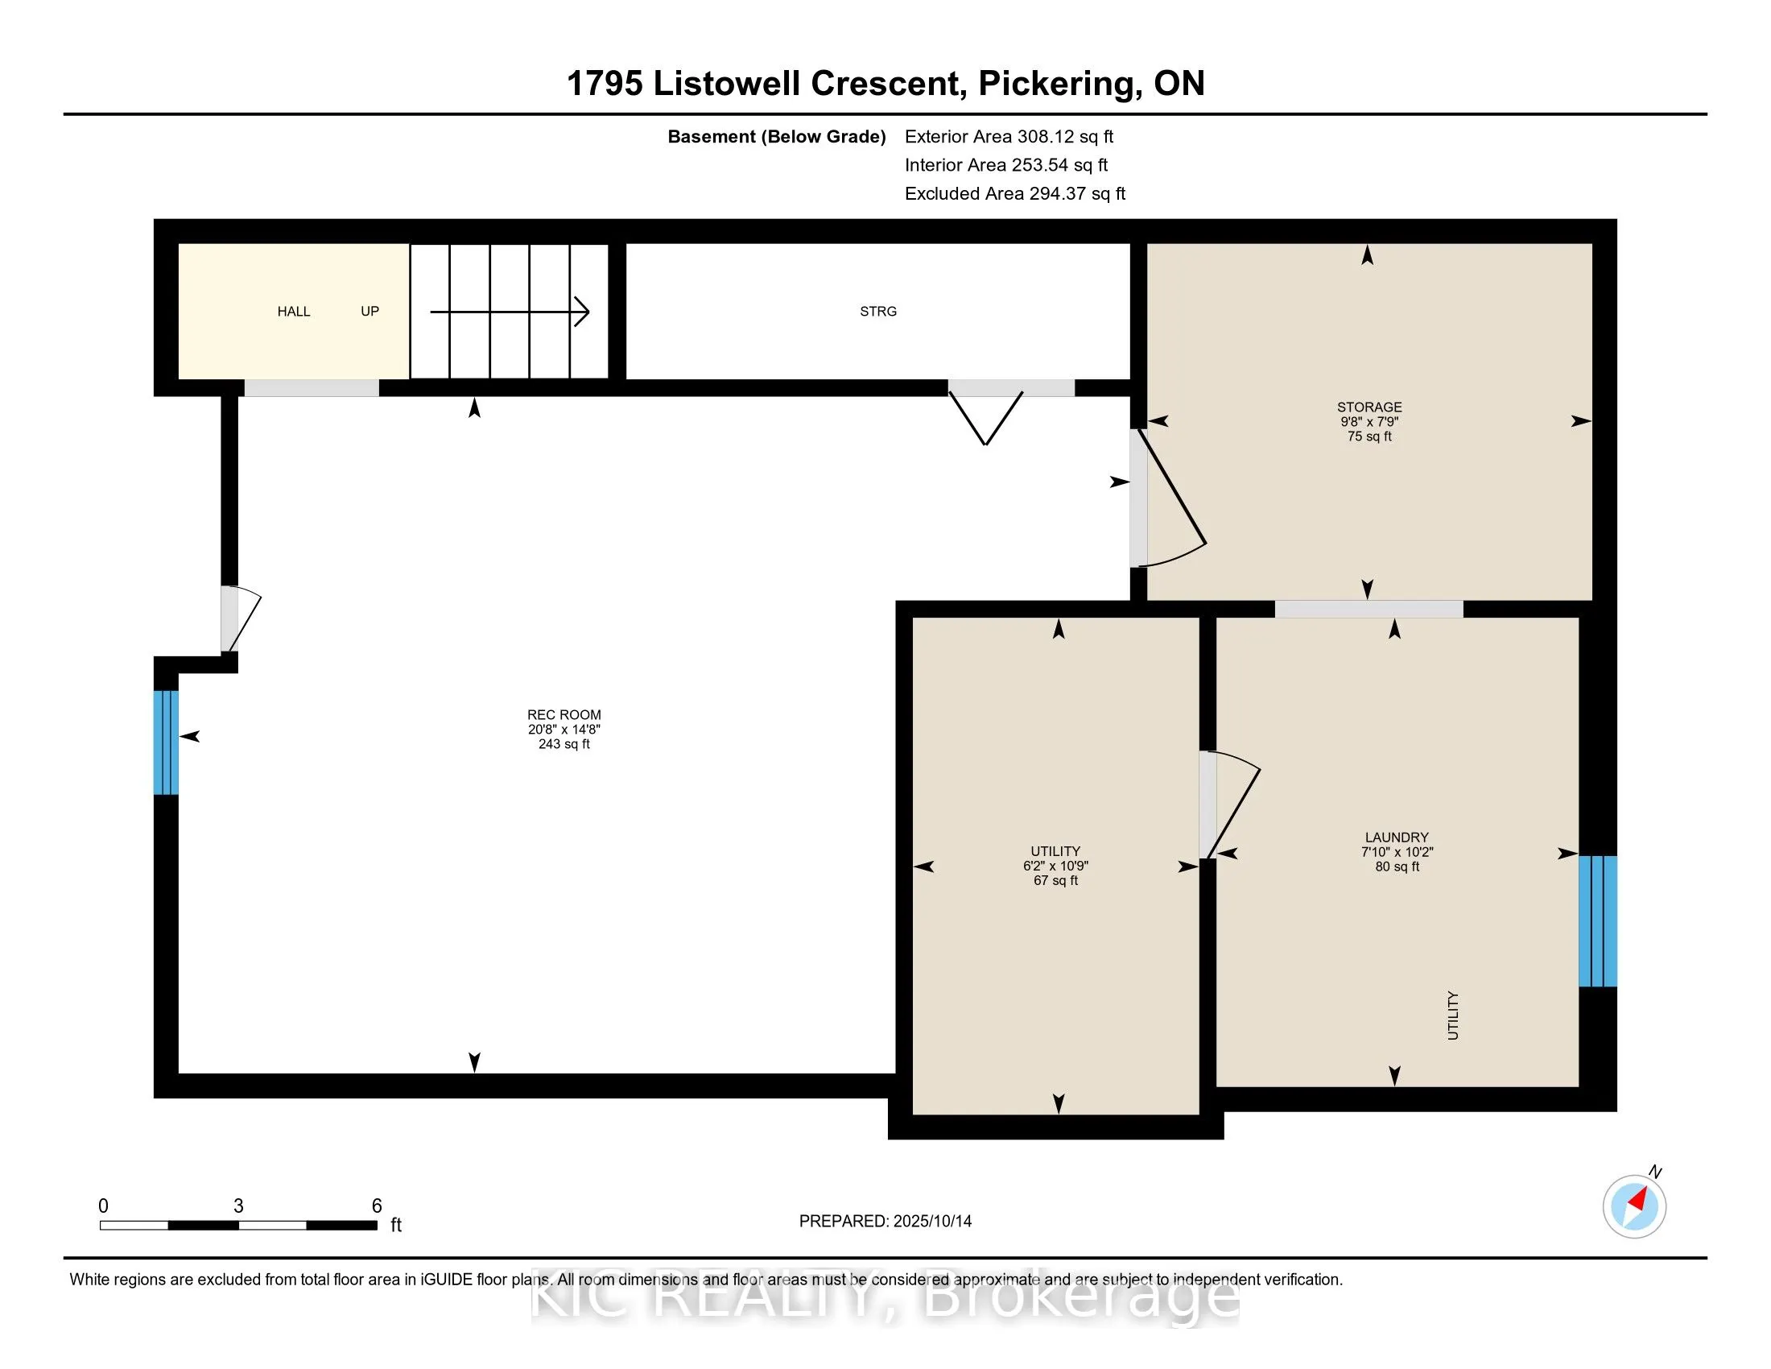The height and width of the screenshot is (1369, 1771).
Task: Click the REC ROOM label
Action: (x=564, y=714)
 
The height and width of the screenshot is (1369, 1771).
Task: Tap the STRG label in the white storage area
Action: (x=878, y=312)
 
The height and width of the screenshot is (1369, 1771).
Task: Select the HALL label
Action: (x=294, y=312)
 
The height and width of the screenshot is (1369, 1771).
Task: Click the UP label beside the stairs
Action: (x=369, y=312)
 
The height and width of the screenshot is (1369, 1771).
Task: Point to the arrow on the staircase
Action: (x=510, y=312)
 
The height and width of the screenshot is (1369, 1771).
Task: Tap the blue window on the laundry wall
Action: (x=1597, y=921)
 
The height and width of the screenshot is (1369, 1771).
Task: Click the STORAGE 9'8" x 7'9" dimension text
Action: (x=1369, y=422)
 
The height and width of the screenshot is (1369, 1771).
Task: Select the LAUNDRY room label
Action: (x=1397, y=837)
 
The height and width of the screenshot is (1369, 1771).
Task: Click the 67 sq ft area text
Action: (x=1056, y=880)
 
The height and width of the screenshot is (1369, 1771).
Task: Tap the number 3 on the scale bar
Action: (x=238, y=1206)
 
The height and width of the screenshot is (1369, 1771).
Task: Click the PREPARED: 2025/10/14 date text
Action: (x=885, y=1222)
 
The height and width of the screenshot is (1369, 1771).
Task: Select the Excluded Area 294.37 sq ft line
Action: (x=1015, y=194)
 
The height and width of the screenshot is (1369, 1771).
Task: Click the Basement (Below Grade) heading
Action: (x=776, y=137)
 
